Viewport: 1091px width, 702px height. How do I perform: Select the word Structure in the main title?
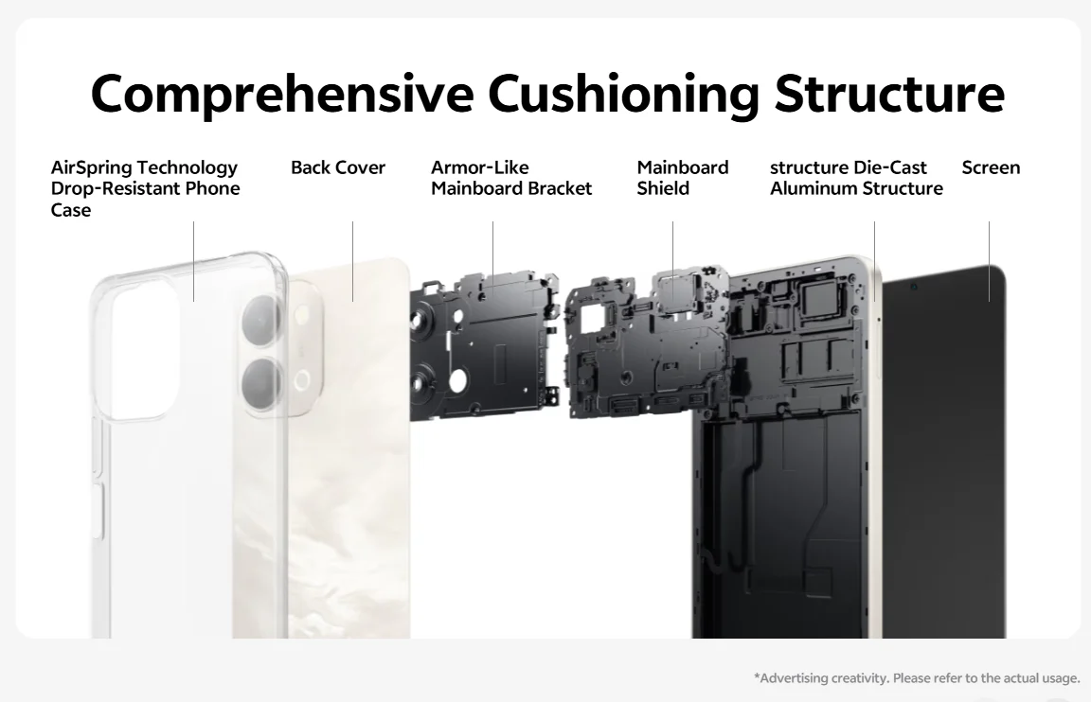click(890, 93)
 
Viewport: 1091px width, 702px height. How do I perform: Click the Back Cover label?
click(338, 167)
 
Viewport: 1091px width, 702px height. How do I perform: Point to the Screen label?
click(991, 167)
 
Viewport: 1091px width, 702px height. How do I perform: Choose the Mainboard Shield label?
click(683, 178)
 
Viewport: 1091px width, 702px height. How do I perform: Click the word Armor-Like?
click(479, 167)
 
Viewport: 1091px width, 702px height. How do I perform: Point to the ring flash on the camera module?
click(302, 380)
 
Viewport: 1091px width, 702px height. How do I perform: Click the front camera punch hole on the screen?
click(914, 287)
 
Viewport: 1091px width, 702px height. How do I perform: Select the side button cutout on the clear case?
click(97, 512)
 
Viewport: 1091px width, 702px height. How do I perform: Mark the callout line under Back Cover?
click(352, 261)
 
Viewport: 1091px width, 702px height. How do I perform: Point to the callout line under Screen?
click(990, 261)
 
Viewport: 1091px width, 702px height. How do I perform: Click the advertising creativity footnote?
click(917, 677)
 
